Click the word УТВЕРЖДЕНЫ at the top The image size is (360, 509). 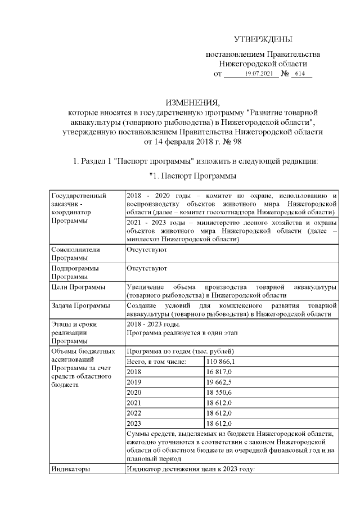(263, 39)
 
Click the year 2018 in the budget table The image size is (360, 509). (134, 372)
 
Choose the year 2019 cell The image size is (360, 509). (134, 382)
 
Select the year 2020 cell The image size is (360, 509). (134, 393)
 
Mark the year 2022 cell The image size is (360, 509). (134, 413)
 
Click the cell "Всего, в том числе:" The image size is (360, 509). (157, 361)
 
